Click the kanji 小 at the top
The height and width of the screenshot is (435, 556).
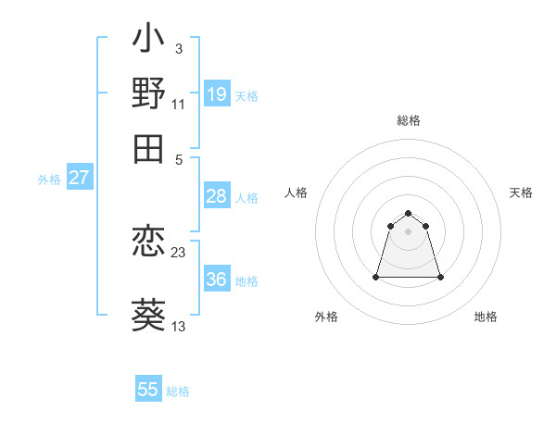pyautogui.click(x=148, y=42)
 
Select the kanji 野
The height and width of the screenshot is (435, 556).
pyautogui.click(x=148, y=93)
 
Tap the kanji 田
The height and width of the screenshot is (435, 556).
pyautogui.click(x=148, y=148)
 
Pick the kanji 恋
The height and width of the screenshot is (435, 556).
pyautogui.click(x=148, y=242)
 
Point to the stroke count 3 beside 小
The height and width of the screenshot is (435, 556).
pyautogui.click(x=178, y=48)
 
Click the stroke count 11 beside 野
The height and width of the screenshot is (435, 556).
pyautogui.click(x=179, y=104)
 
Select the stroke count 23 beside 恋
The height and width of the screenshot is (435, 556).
pyautogui.click(x=179, y=252)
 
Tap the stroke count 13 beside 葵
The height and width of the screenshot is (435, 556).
pyautogui.click(x=179, y=326)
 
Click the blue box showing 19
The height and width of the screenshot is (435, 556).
pyautogui.click(x=217, y=93)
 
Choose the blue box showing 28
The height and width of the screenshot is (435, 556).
pyautogui.click(x=217, y=196)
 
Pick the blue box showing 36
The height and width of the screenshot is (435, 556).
pyautogui.click(x=217, y=280)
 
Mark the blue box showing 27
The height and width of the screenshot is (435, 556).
pyautogui.click(x=79, y=178)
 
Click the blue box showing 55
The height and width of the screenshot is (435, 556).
pyautogui.click(x=148, y=390)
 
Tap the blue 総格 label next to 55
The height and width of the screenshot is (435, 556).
pyautogui.click(x=178, y=391)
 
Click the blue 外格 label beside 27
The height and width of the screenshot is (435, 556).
pyautogui.click(x=49, y=180)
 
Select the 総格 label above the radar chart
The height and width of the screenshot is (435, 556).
pyautogui.click(x=409, y=120)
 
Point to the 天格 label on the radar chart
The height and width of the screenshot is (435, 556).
pyautogui.click(x=522, y=193)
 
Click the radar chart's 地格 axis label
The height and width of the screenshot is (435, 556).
pyautogui.click(x=486, y=317)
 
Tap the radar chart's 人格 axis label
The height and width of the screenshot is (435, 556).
pyautogui.click(x=297, y=193)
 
